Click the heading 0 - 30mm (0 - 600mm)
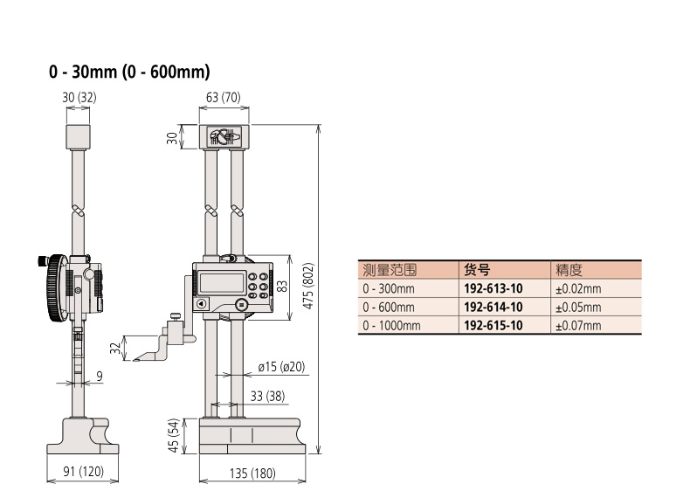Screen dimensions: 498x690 (x=129, y=72)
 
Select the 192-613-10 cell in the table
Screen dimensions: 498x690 (x=493, y=288)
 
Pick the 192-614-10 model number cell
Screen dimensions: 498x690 (x=493, y=307)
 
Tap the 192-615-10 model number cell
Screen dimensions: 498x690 (x=493, y=325)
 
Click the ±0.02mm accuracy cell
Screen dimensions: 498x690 (x=578, y=288)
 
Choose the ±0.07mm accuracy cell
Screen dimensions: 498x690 (x=578, y=325)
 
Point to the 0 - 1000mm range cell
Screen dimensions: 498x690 (x=392, y=325)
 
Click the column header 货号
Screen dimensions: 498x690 (x=476, y=270)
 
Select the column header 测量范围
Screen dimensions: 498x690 (x=390, y=270)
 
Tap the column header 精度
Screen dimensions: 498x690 (x=569, y=270)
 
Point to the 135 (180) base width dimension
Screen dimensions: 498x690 (x=252, y=474)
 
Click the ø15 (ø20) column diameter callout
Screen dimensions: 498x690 (x=281, y=366)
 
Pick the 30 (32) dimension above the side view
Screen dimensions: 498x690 (x=79, y=98)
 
